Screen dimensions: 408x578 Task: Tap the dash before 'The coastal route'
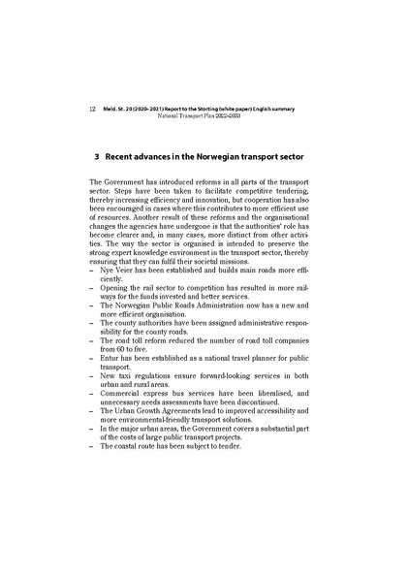[91, 445]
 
